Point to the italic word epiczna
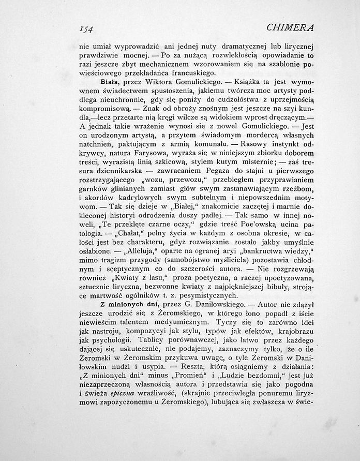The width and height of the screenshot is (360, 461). pos(129,393)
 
